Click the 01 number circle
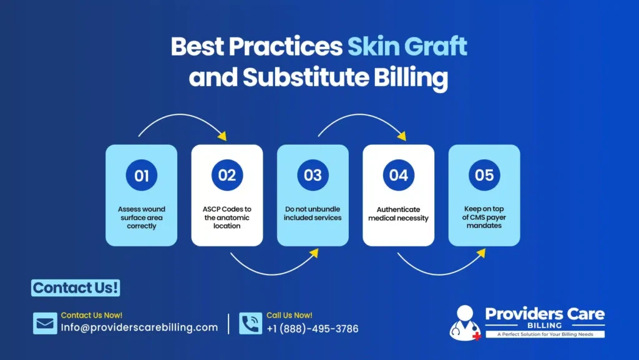tap(142, 176)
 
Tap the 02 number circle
tap(227, 175)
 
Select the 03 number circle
tap(313, 175)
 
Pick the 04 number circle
tap(399, 175)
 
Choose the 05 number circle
tap(484, 175)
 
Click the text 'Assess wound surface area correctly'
tap(142, 218)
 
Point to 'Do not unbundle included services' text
tap(313, 213)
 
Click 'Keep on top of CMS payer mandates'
tap(484, 217)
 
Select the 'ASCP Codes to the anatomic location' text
tap(227, 217)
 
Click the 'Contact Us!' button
tap(76, 288)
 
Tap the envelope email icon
tap(45, 323)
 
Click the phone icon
tap(250, 323)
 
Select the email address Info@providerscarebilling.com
tap(139, 328)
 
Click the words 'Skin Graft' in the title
tap(407, 47)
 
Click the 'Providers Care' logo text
tap(545, 314)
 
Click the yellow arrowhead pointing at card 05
tap(481, 253)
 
